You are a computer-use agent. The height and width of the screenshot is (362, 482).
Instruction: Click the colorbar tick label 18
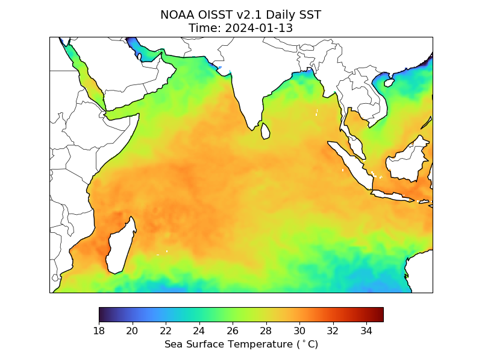99,330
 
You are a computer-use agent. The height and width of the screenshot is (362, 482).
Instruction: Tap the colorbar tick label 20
132,330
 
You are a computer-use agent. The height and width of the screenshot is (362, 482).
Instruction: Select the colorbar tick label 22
166,330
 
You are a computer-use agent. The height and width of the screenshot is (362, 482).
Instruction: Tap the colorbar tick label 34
366,330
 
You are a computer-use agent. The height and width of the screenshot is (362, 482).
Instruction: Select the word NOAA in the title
177,14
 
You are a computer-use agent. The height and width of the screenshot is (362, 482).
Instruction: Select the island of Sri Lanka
265,131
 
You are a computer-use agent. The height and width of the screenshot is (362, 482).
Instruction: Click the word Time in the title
201,28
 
